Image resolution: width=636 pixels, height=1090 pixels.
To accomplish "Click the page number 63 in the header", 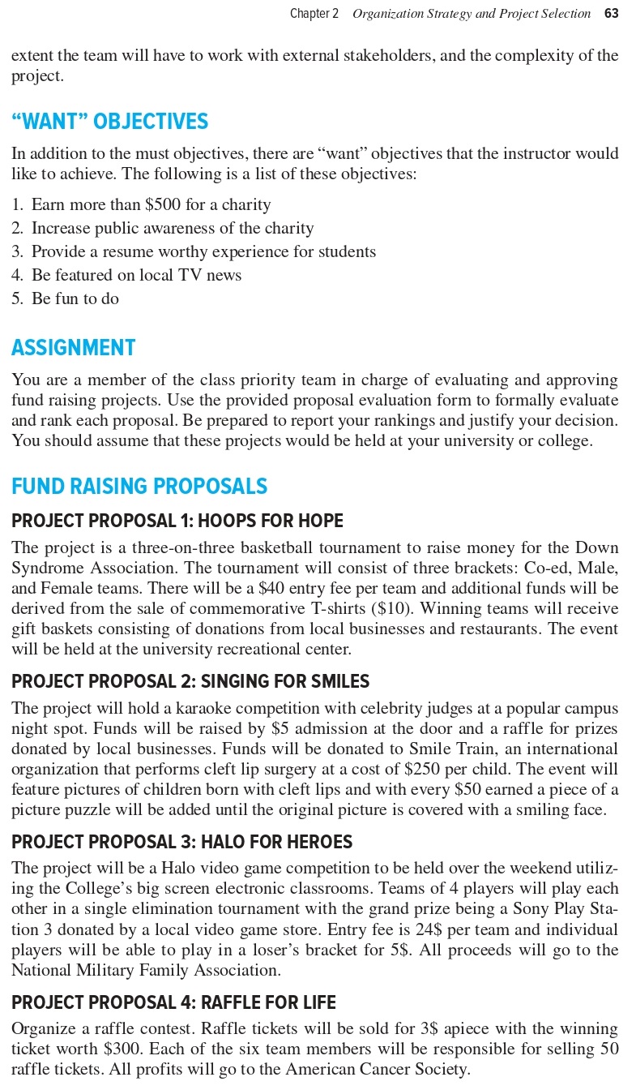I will (611, 14).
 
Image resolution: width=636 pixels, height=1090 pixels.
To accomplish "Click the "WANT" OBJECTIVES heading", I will (109, 122).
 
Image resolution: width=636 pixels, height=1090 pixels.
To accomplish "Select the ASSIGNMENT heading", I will (73, 348).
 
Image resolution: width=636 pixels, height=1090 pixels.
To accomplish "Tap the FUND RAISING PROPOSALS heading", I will (139, 487).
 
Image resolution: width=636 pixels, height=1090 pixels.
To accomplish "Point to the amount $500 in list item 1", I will (163, 205).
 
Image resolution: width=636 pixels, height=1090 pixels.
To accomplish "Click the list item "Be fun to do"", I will (75, 299).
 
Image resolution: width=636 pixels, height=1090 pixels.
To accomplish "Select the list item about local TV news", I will (136, 276).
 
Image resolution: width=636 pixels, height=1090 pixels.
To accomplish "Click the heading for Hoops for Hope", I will (177, 521).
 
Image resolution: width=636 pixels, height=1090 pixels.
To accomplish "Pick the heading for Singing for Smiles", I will (190, 682).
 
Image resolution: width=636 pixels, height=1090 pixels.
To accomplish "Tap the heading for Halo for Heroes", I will (182, 843).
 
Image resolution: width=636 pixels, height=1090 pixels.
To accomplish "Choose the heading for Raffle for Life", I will (173, 1003).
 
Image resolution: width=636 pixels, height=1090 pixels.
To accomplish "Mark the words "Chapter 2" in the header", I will (314, 14).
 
